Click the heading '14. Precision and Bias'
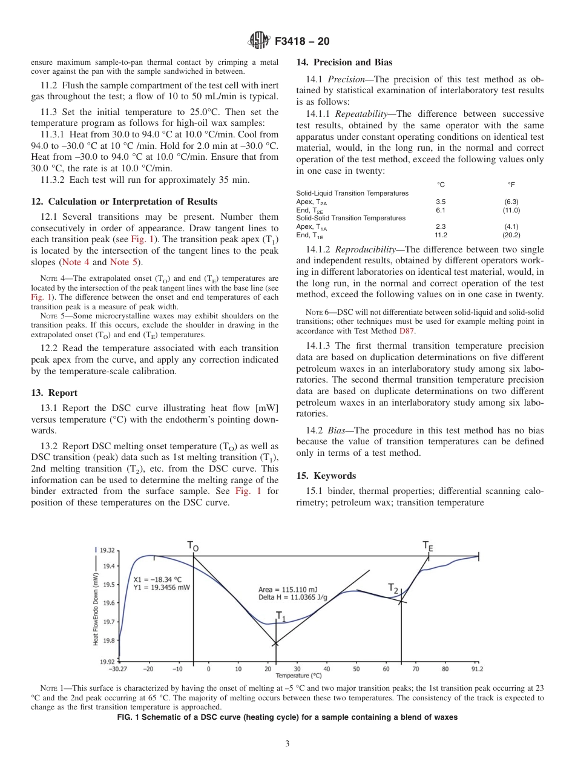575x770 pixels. (x=344, y=62)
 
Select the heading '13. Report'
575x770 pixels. (x=54, y=393)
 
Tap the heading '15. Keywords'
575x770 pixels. (x=326, y=476)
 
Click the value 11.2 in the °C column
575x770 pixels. (x=441, y=235)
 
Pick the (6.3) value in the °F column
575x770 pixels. (x=511, y=202)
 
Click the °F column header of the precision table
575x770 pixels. (x=511, y=184)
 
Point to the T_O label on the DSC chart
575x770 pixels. (x=192, y=547)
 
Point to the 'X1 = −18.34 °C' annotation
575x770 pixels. (x=157, y=579)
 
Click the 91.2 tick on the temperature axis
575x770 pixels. (x=477, y=669)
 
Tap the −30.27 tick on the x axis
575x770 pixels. (x=118, y=669)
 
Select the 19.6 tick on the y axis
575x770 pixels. (x=110, y=603)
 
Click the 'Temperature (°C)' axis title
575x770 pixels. (x=298, y=676)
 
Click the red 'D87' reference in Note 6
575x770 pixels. (x=407, y=331)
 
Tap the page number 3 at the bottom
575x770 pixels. (x=287, y=744)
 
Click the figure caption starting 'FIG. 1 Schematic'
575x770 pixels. (x=287, y=717)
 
